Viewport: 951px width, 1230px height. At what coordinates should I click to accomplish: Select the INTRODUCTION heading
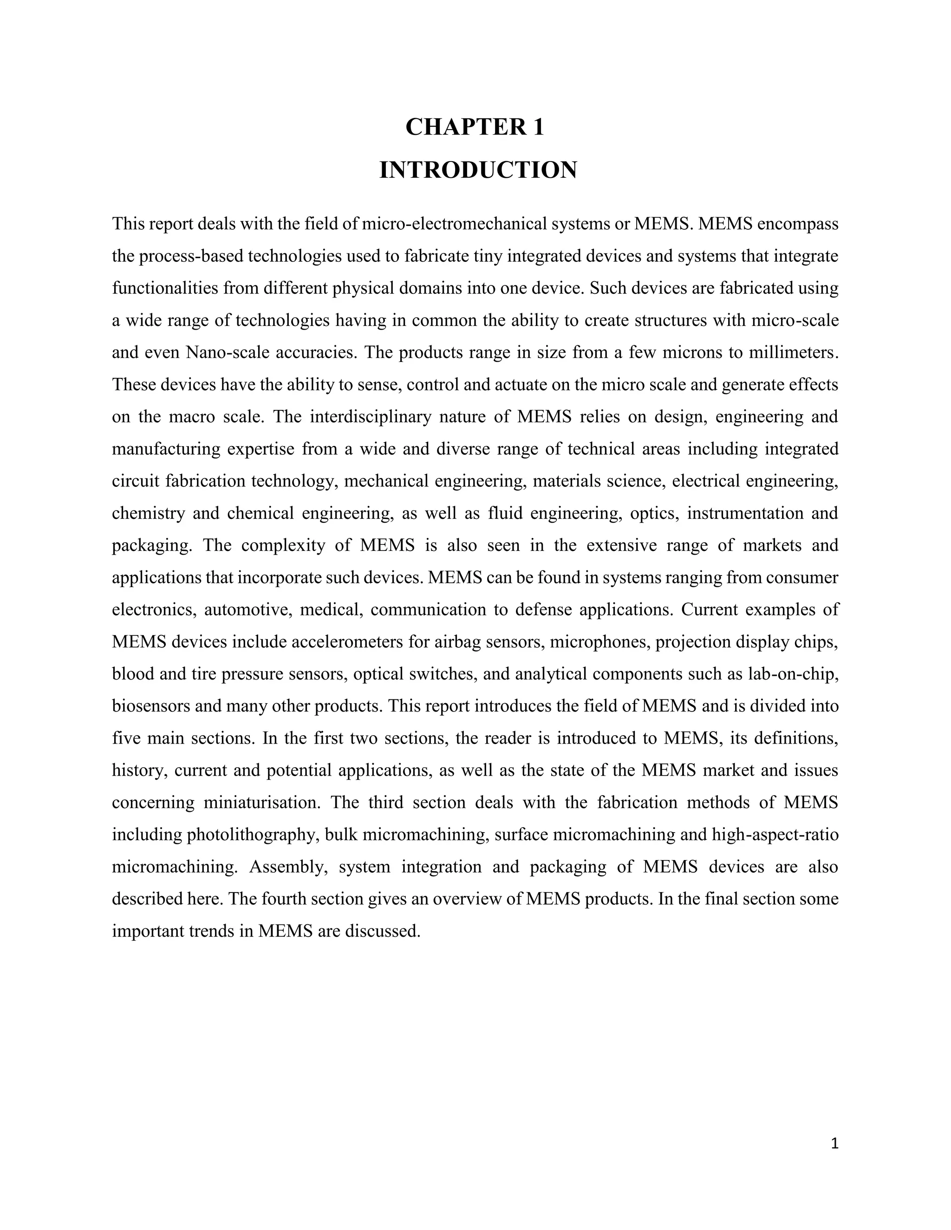click(478, 170)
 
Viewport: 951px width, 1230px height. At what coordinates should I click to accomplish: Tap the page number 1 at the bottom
click(834, 1143)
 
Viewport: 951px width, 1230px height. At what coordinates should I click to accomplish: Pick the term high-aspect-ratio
click(775, 835)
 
